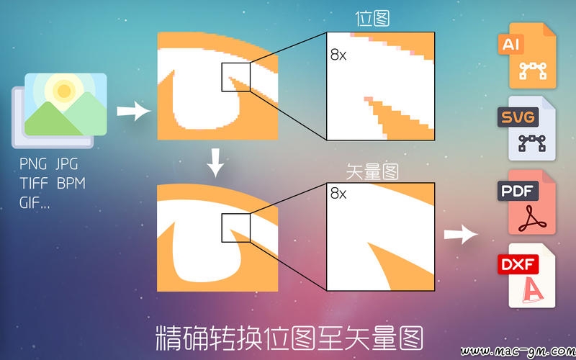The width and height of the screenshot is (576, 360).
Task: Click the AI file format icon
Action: click(x=528, y=55)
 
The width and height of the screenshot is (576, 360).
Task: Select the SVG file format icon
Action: click(x=528, y=128)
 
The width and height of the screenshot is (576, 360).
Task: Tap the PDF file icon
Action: click(x=528, y=202)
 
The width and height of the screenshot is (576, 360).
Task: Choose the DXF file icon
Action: click(x=528, y=276)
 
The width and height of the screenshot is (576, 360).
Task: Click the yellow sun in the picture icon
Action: click(x=64, y=91)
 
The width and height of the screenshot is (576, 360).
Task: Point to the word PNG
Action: click(x=33, y=164)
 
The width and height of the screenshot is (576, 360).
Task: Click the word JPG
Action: click(x=67, y=164)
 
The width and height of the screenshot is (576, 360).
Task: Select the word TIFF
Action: click(x=33, y=183)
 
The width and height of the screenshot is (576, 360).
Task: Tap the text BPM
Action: click(x=71, y=183)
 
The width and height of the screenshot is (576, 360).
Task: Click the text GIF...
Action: click(x=30, y=202)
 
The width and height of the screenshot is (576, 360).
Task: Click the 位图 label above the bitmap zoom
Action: click(x=372, y=19)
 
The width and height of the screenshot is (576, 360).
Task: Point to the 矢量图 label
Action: click(x=372, y=171)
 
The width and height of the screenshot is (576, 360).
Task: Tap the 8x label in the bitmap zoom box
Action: click(x=338, y=55)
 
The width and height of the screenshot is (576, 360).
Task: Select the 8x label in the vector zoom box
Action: click(x=338, y=193)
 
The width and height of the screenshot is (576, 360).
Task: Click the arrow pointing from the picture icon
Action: click(x=134, y=111)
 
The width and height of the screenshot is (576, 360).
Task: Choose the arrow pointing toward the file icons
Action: click(x=461, y=234)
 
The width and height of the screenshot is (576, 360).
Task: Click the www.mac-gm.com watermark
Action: click(x=518, y=352)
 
